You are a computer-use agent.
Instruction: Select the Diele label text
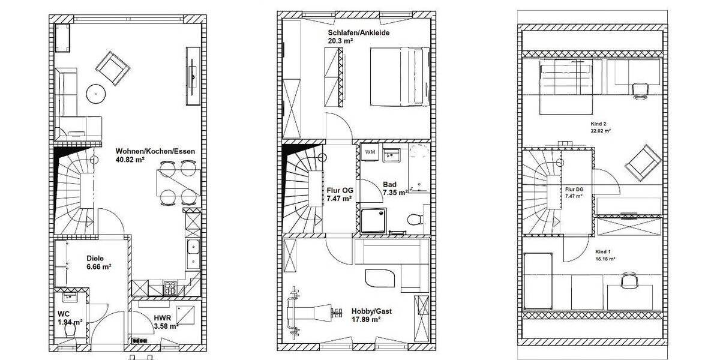95,259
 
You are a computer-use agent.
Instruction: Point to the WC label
64,314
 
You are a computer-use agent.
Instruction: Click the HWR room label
162,318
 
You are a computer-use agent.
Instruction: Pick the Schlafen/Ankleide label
359,32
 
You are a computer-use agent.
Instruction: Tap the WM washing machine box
370,152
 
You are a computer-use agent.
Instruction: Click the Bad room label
389,185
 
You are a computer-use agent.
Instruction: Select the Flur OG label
340,190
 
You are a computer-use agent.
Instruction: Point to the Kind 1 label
603,251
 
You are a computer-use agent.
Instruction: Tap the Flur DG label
574,189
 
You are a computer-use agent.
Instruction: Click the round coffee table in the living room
95,93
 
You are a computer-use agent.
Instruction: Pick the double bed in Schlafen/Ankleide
398,77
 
